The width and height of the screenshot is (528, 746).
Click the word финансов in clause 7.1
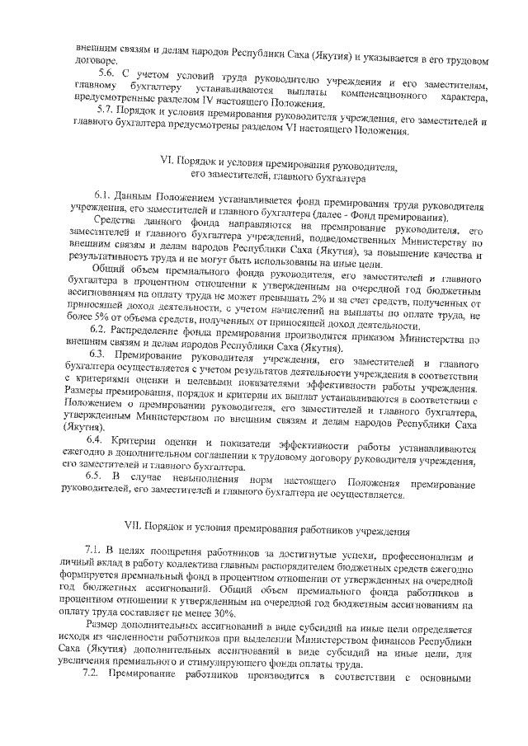pos(396,640)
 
